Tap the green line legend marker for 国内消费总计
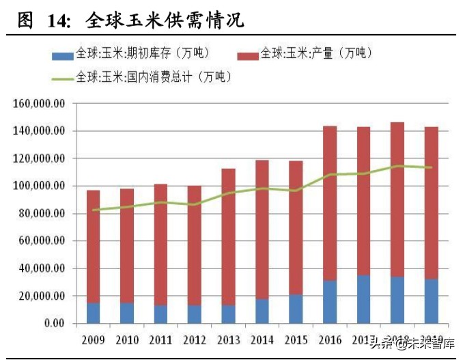[x=63, y=77]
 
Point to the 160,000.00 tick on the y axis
[x=39, y=103]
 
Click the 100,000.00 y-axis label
[x=39, y=186]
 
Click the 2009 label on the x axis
[x=93, y=340]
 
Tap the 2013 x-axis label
[x=227, y=340]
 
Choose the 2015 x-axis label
[x=295, y=340]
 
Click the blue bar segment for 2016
[x=329, y=301]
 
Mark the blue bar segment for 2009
[x=93, y=313]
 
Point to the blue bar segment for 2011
[x=160, y=314]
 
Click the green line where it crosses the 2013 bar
[x=227, y=193]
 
